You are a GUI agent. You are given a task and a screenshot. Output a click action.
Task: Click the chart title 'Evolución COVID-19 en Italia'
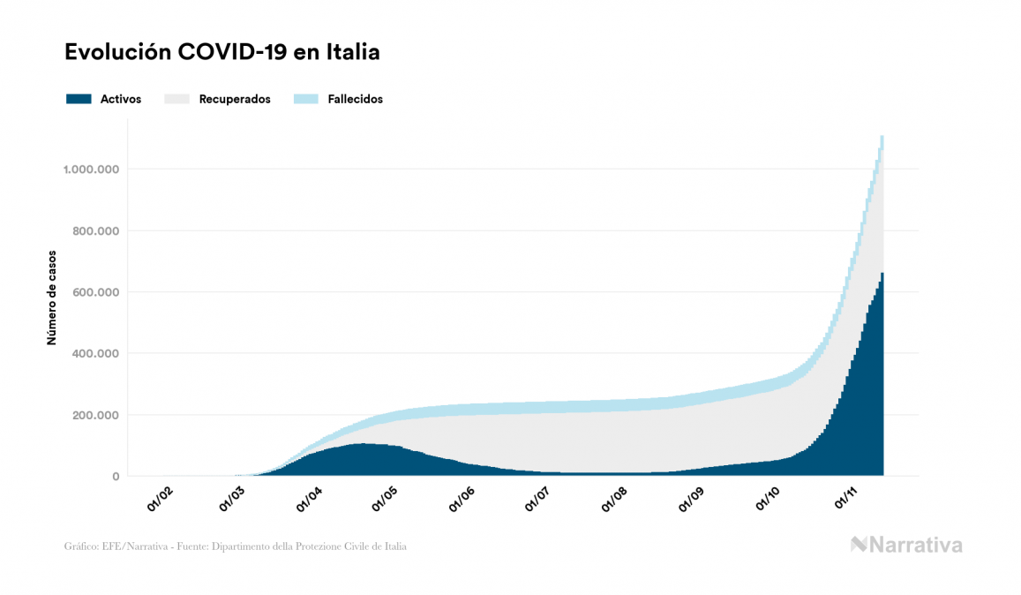point(222,52)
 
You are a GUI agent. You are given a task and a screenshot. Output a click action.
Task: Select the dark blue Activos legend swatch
point(79,99)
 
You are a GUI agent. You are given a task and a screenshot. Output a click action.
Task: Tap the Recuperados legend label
point(235,99)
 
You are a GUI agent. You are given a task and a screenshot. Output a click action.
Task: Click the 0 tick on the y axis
point(116,477)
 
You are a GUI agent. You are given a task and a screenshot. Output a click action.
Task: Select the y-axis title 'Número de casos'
point(51,297)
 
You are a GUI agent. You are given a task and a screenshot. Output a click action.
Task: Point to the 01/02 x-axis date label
point(161,499)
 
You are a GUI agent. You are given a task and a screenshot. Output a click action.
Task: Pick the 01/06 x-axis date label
point(464,499)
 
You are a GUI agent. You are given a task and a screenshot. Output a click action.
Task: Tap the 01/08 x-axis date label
point(614,499)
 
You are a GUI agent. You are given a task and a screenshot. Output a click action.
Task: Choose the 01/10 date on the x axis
point(769,499)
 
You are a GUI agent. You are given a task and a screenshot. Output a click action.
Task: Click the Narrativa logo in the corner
point(906,545)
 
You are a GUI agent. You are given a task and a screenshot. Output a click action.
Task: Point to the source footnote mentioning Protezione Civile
point(236,546)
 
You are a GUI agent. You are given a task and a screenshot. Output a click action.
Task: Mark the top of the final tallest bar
point(882,137)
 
